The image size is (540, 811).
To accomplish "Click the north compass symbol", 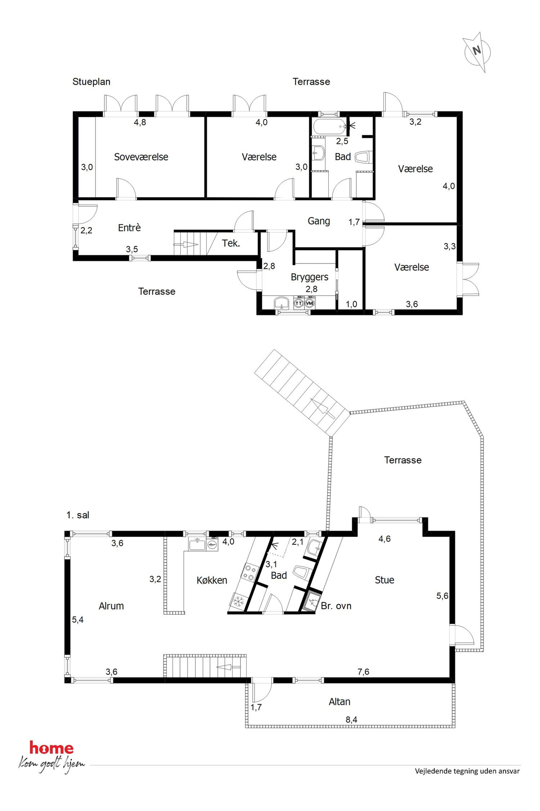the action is point(477,52).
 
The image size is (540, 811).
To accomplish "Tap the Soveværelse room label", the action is point(141,157).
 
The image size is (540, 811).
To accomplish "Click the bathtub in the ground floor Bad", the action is point(330,126).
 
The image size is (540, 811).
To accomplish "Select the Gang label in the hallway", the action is point(318,221).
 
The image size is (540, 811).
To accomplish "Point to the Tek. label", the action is point(231,243).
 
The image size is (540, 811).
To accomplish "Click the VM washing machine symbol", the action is point(310,303).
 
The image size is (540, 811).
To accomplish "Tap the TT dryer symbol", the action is point(299,303).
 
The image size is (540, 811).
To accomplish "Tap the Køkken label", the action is point(212,580).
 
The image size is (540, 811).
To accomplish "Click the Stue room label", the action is point(384,580).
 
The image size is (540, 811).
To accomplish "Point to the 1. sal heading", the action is point(78,515).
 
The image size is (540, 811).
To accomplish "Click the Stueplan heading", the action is point(91,82).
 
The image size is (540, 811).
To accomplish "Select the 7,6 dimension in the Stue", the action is point(364,671).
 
